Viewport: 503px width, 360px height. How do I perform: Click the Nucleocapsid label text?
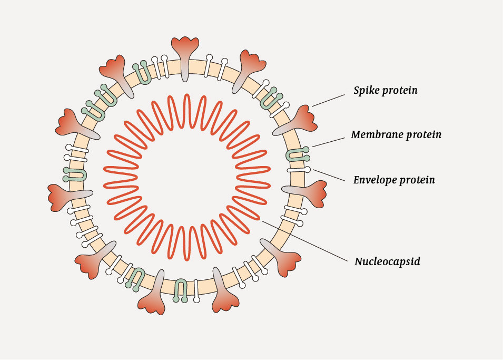[x=387, y=261]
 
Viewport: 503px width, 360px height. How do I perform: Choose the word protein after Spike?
[x=400, y=91]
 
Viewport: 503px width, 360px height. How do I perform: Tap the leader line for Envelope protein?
[x=330, y=176]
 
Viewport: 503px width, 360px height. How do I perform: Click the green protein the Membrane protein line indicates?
[x=298, y=155]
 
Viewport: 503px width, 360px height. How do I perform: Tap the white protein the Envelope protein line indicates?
[x=298, y=170]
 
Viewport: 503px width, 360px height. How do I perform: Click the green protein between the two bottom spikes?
[x=181, y=289]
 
